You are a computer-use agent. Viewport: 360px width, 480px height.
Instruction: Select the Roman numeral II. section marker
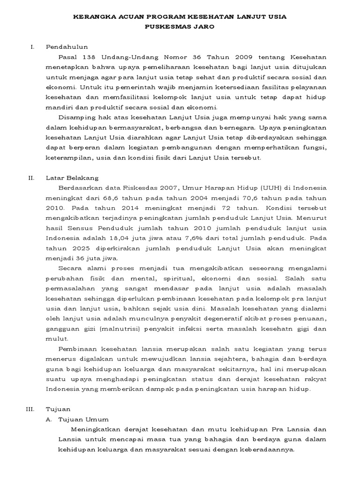(31, 178)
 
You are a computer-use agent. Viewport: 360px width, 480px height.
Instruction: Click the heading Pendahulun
(67, 47)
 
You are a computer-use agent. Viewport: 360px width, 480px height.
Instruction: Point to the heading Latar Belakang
(72, 178)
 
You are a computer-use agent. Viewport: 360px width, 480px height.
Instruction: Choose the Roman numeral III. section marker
(30, 409)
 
